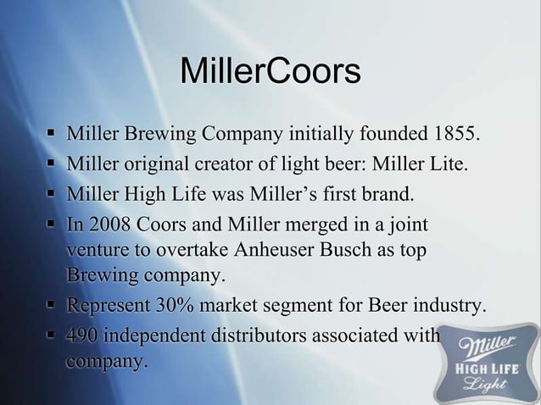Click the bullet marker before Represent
pyautogui.click(x=53, y=306)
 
